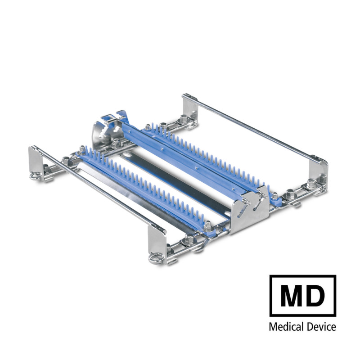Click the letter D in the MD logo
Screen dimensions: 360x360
point(315,296)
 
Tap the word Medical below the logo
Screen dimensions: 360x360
point(285,327)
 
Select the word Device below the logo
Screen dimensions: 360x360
point(320,327)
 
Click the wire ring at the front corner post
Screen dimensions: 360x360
point(156,260)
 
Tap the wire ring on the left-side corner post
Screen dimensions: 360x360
point(36,176)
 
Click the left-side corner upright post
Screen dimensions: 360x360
point(35,160)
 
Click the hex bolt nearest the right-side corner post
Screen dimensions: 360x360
point(310,184)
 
